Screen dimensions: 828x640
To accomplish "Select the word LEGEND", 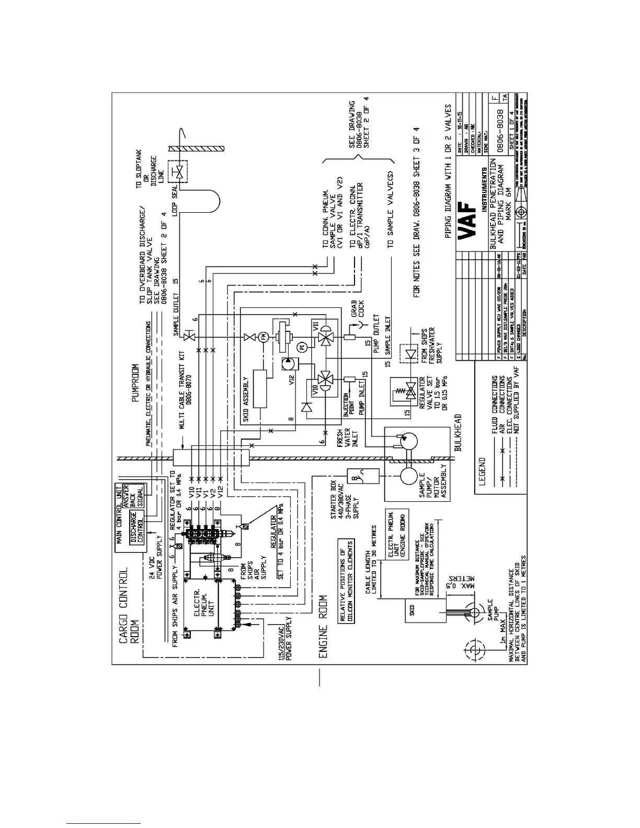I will pos(482,472).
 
